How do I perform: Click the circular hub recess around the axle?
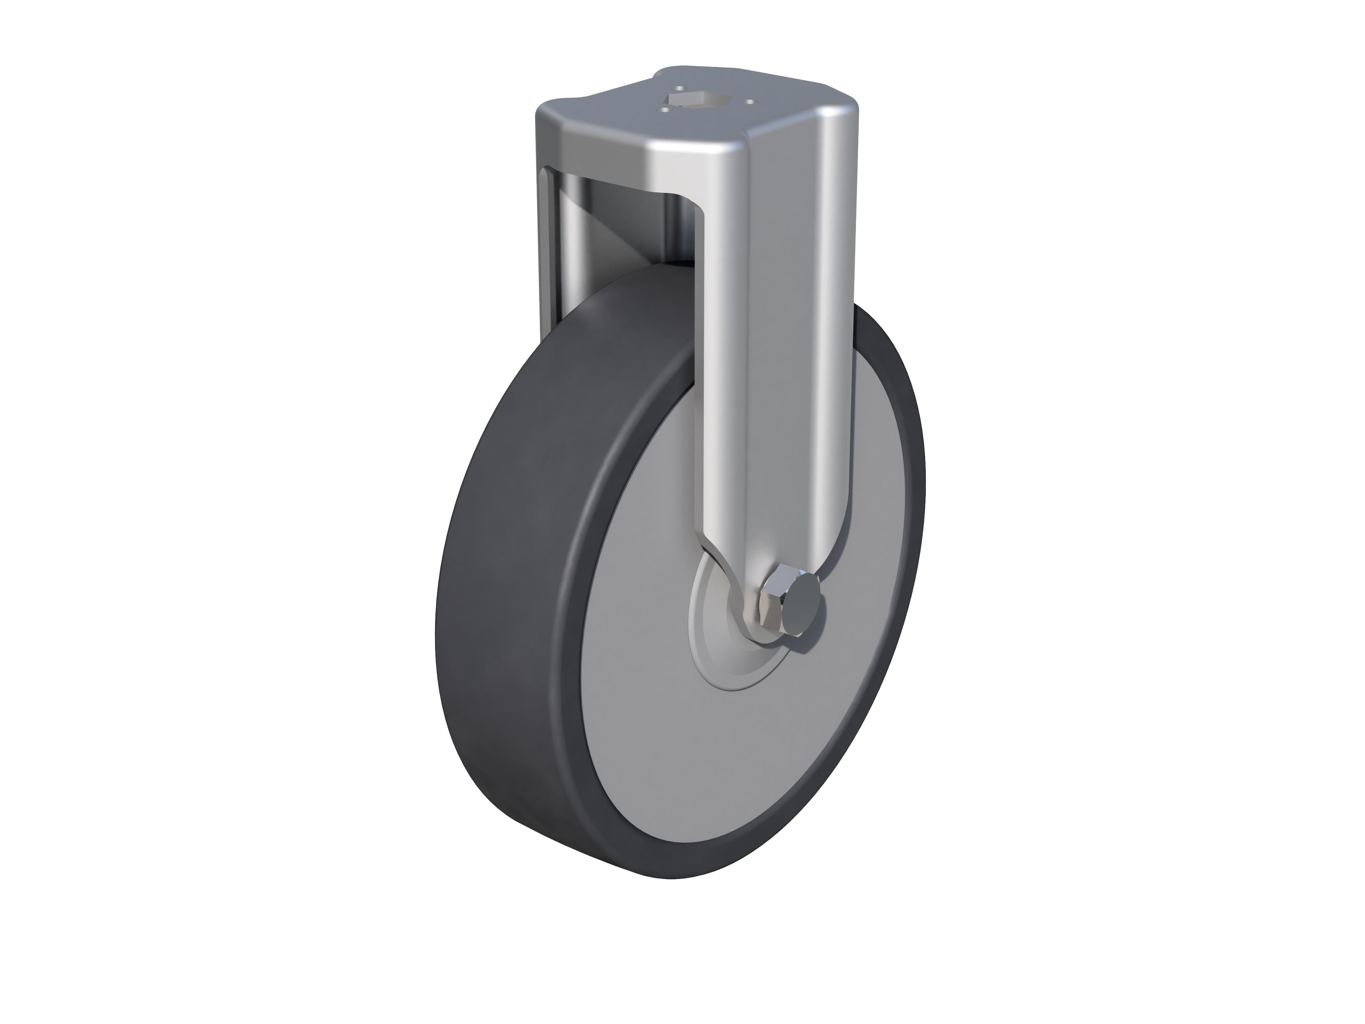[x=716, y=642]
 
